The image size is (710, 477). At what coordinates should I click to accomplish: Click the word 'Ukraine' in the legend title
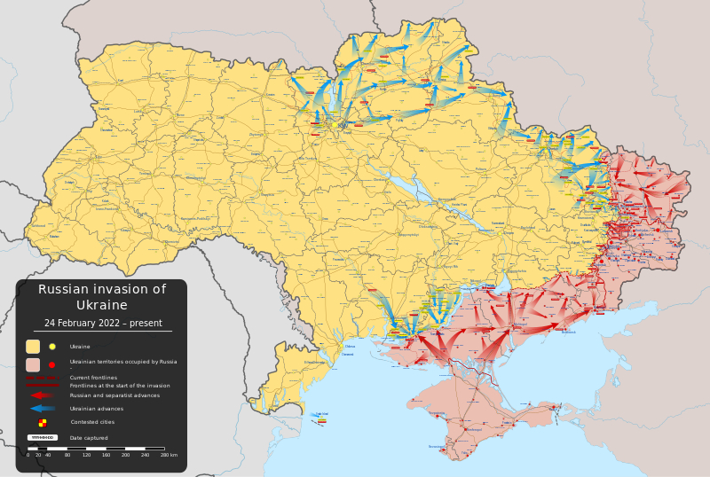(x=101, y=305)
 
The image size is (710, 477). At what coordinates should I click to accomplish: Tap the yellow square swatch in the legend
(x=33, y=347)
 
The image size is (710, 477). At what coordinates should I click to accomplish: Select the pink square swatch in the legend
(x=33, y=364)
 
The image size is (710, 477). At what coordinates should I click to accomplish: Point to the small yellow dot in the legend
(x=52, y=347)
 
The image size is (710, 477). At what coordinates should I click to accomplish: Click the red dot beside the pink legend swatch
(x=52, y=364)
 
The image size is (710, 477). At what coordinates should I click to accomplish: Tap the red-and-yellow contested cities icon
(x=42, y=423)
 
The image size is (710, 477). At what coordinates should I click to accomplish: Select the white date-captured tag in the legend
(x=42, y=438)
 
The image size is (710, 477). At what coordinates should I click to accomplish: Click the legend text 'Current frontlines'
(x=93, y=378)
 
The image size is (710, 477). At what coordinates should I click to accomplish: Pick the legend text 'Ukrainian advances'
(x=97, y=409)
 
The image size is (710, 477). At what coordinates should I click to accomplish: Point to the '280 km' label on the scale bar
(x=170, y=455)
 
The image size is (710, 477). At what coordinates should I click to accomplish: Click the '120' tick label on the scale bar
(x=86, y=455)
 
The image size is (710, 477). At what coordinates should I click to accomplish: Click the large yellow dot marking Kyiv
(x=343, y=125)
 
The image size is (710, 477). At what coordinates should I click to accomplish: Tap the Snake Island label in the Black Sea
(x=322, y=414)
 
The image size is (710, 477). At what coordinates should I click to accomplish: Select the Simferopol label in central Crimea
(x=473, y=430)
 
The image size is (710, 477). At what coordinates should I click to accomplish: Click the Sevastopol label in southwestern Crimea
(x=438, y=446)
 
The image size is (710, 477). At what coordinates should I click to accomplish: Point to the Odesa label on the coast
(x=350, y=347)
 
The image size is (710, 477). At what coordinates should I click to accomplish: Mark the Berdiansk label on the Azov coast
(x=569, y=332)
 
